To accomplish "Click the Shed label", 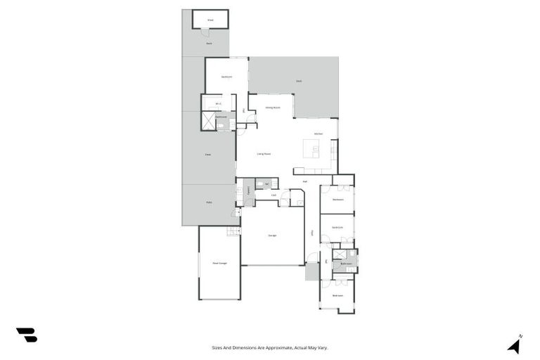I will [210, 20].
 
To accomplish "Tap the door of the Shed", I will [205, 32].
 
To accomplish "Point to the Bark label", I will [209, 44].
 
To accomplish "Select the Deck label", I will [299, 82].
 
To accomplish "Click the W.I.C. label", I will [219, 103].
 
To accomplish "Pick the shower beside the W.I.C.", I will [209, 122].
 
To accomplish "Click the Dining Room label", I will [273, 108].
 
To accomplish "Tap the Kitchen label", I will [318, 134].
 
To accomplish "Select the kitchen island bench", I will [311, 148].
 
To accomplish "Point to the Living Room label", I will [264, 153].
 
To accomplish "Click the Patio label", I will [209, 202].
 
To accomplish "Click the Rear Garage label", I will [219, 263].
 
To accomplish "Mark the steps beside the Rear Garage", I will [233, 231].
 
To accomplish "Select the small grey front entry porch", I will [312, 272].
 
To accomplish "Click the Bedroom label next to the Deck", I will [226, 76].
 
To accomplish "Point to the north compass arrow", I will [515, 345].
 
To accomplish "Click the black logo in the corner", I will [27, 335].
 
